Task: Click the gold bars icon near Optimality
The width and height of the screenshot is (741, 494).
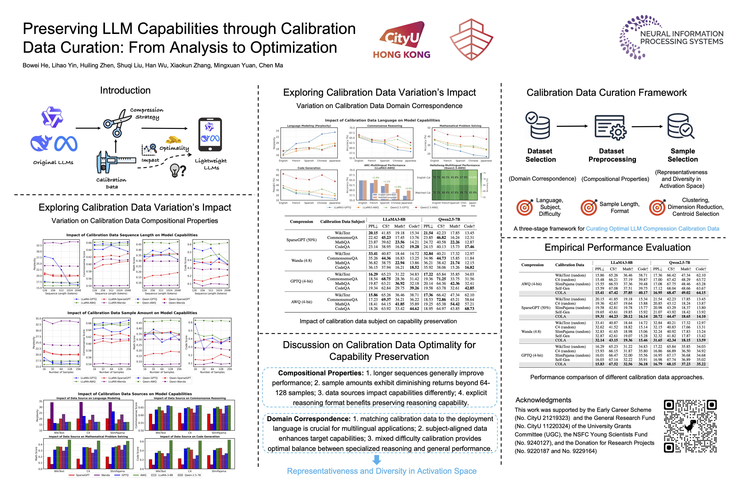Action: pyautogui.click(x=173, y=140)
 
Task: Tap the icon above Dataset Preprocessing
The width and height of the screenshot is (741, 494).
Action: pyautogui.click(x=611, y=128)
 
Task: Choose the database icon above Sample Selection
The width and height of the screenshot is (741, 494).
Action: pyautogui.click(x=680, y=126)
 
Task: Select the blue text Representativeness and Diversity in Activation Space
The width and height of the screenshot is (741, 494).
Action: pyautogui.click(x=381, y=471)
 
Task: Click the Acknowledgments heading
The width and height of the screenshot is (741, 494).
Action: pyautogui.click(x=543, y=400)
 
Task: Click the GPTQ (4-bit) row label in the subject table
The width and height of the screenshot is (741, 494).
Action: pyautogui.click(x=302, y=281)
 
